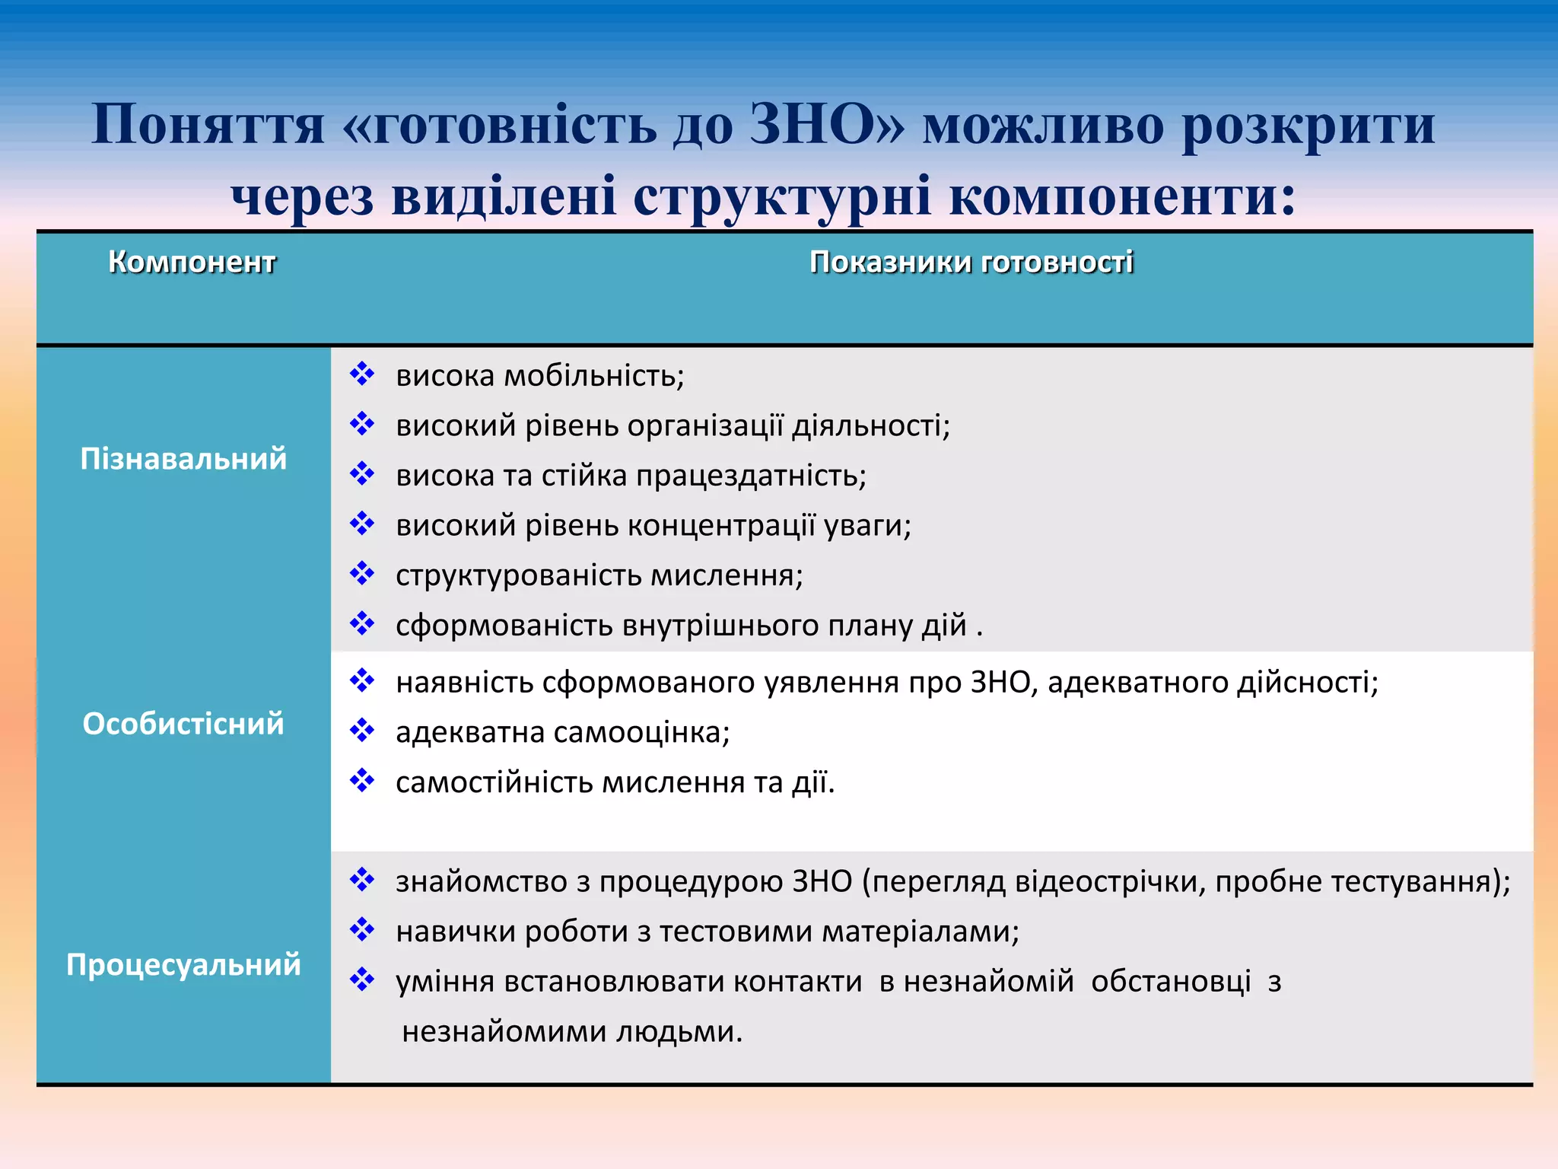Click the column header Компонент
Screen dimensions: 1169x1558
click(192, 262)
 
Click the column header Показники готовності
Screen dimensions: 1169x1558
click(971, 262)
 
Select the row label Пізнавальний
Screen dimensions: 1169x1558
click(183, 459)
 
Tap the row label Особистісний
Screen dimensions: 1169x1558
click(183, 724)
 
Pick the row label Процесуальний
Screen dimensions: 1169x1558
click(183, 964)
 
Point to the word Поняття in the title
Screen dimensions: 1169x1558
click(208, 124)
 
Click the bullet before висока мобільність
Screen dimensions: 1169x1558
click(362, 374)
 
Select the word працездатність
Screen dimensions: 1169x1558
click(751, 476)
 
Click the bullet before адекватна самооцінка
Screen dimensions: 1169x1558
click(362, 731)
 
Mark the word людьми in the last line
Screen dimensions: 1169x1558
click(679, 1032)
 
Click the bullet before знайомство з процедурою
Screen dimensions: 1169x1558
click(362, 880)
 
